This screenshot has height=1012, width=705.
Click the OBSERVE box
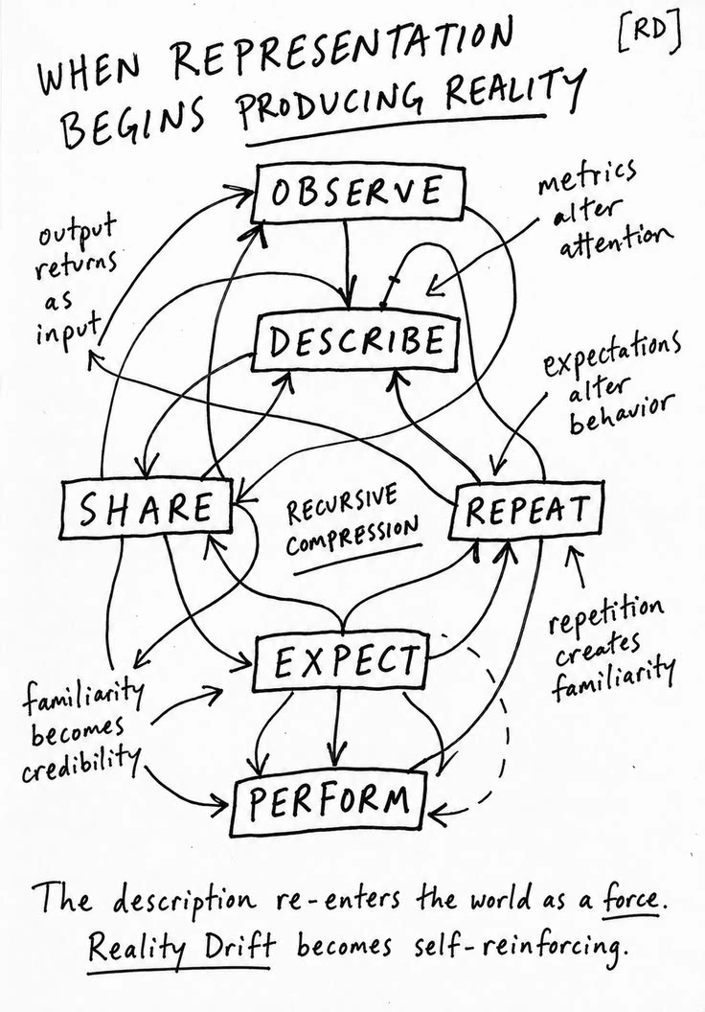tap(358, 193)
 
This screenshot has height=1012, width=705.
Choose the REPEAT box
tap(527, 510)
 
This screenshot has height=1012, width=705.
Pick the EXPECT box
tap(342, 662)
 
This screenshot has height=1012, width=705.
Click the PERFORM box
tap(329, 801)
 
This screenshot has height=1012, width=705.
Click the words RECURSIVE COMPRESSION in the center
tap(352, 523)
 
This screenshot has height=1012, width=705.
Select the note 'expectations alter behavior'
tap(609, 380)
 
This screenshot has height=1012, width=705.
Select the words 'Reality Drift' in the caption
tap(181, 947)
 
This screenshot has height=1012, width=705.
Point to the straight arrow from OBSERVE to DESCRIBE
tap(350, 264)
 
